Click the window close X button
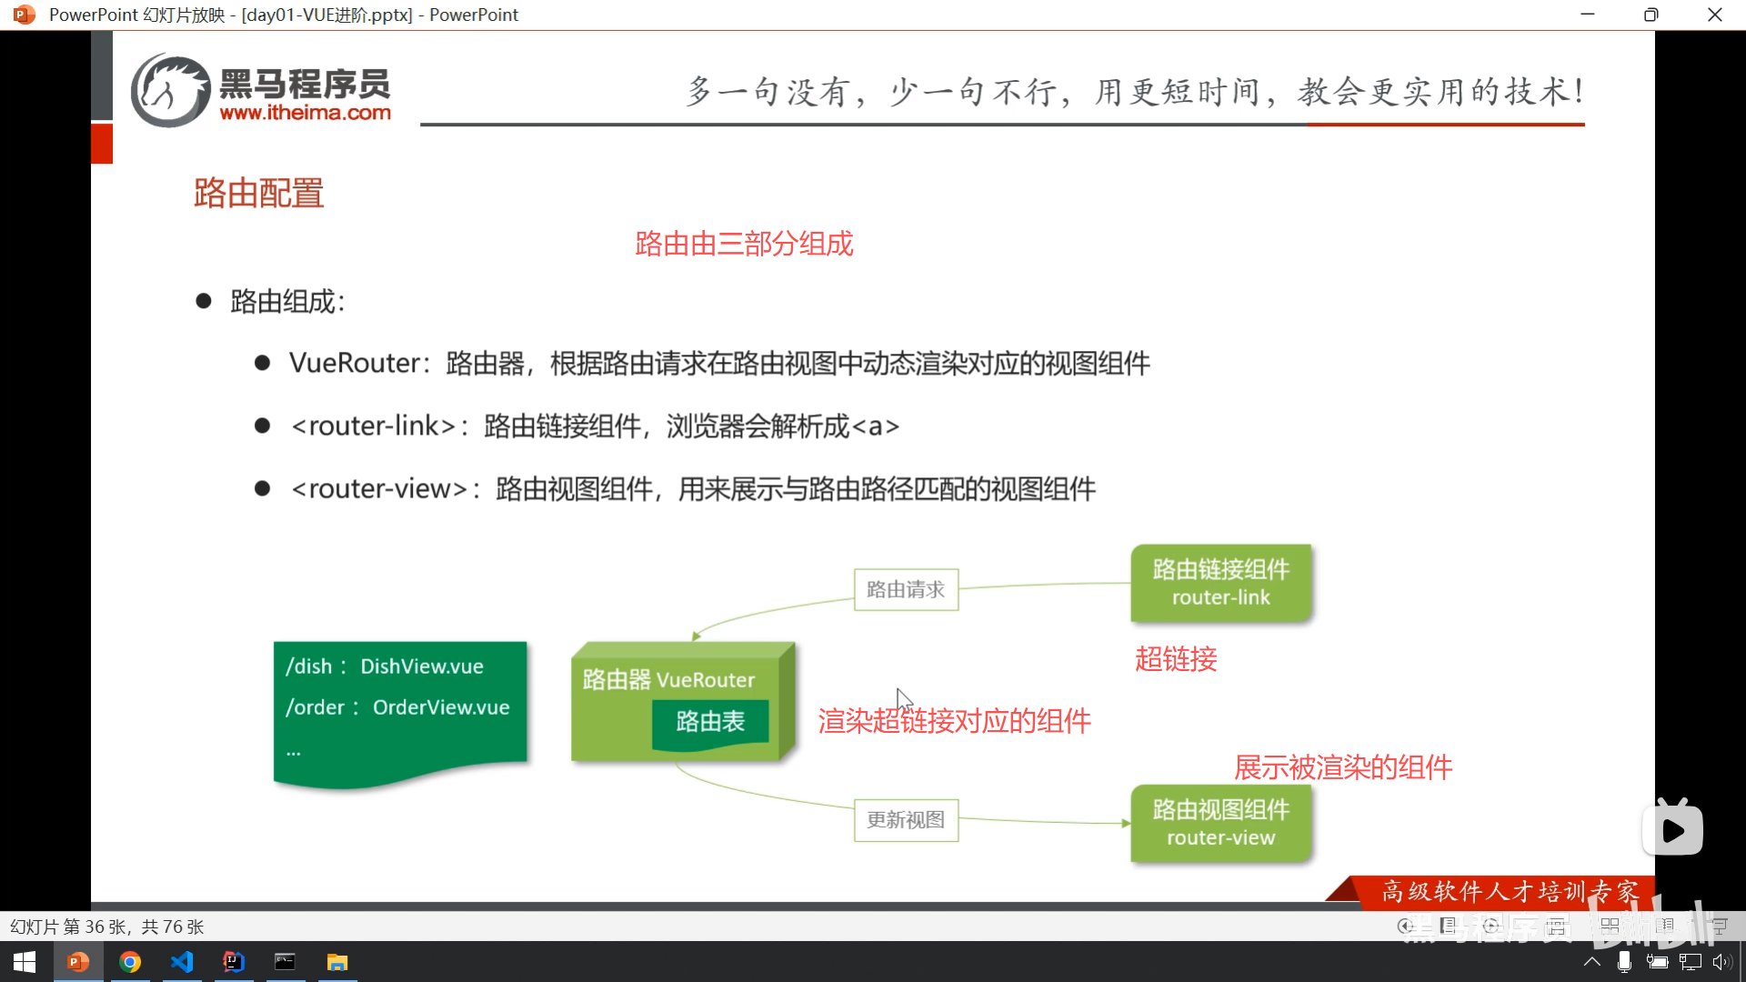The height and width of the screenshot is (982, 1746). (1714, 15)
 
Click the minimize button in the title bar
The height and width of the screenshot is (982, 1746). (1588, 15)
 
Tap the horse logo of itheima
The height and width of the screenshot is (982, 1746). (170, 90)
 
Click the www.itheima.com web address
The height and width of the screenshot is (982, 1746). (305, 113)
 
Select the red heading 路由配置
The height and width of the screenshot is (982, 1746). (258, 193)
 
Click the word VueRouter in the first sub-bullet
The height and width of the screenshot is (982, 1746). (354, 364)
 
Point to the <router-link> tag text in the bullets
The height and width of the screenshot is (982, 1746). (373, 426)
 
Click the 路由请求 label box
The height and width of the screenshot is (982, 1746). (906, 589)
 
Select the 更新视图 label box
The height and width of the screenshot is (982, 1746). (906, 820)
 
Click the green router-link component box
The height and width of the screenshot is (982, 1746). (1220, 583)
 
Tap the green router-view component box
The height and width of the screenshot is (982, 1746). (1220, 823)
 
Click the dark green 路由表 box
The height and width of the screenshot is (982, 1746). (710, 722)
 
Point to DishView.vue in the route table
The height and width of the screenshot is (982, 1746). (422, 666)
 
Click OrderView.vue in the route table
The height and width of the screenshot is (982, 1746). (441, 707)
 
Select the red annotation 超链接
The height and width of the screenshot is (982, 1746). (1176, 659)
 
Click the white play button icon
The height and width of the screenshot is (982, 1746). (1672, 829)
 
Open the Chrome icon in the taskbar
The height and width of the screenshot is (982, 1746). (130, 962)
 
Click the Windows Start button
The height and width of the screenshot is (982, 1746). (25, 962)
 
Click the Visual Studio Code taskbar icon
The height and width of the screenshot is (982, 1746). (182, 962)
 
